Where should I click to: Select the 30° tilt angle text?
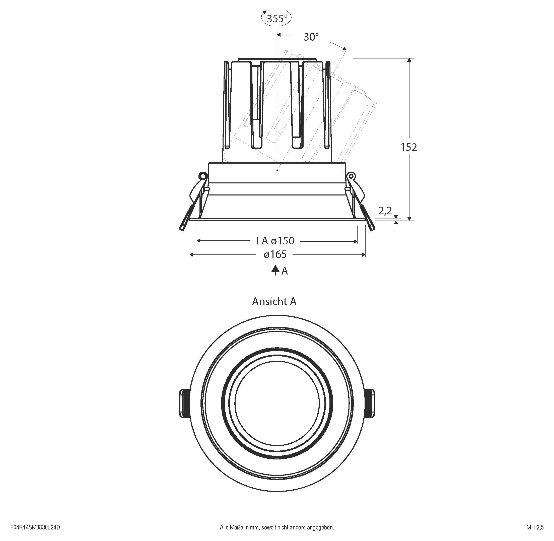pyautogui.click(x=311, y=37)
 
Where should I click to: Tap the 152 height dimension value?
pyautogui.click(x=408, y=147)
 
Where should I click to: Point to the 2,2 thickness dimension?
pyautogui.click(x=385, y=211)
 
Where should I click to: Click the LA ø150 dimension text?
pyautogui.click(x=275, y=241)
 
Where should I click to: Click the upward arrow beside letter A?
pyautogui.click(x=275, y=270)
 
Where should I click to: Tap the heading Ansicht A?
pyautogui.click(x=274, y=301)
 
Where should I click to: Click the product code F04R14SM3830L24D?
pyautogui.click(x=35, y=528)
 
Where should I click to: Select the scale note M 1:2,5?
pyautogui.click(x=535, y=528)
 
